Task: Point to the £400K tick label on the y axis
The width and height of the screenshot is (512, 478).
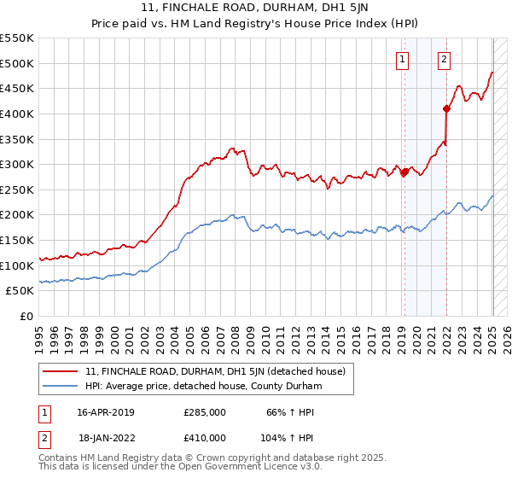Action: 17,114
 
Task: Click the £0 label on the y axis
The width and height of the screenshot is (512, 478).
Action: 26,317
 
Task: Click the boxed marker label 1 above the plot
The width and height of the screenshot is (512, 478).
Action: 402,59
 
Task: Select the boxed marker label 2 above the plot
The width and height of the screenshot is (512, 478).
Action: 445,59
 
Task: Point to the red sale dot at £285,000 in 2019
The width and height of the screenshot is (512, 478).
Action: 404,172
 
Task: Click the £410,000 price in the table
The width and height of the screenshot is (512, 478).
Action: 205,437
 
